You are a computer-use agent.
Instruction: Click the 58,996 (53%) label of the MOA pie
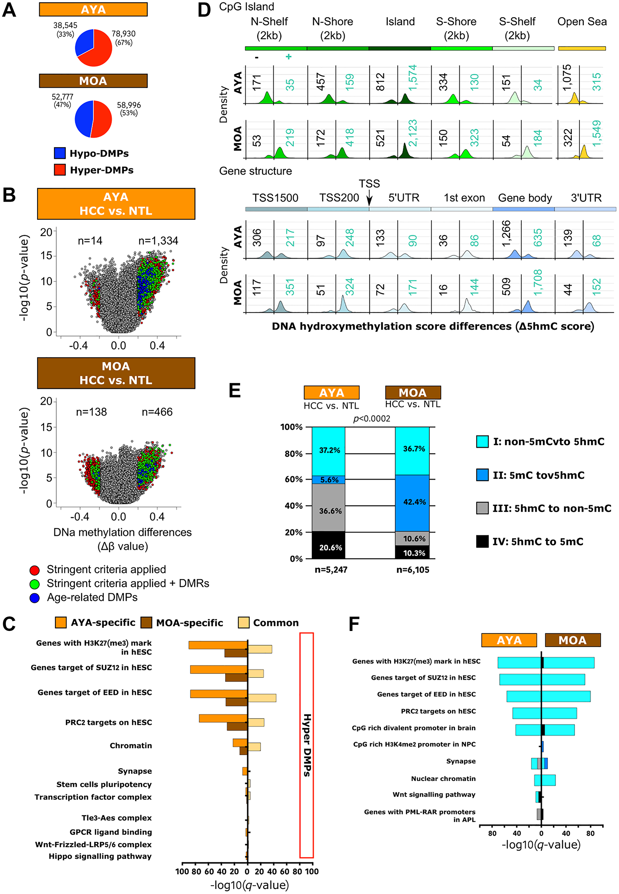pos(129,109)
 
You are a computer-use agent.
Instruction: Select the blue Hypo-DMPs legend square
pos(60,153)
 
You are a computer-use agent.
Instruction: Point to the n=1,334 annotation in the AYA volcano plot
pos(158,241)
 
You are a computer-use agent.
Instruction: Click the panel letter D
pos(204,9)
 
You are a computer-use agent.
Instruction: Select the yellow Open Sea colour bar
pos(582,49)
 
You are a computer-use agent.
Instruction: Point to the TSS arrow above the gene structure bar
pos(369,199)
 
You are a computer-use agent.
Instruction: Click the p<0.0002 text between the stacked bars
pos(372,419)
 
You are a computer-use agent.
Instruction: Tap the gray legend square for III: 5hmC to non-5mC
pos(482,508)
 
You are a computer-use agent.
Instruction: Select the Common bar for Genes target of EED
pos(262,698)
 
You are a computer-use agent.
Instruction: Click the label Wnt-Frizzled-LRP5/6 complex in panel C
pos(93,844)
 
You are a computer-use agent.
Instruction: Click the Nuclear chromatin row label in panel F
pos(443,779)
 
